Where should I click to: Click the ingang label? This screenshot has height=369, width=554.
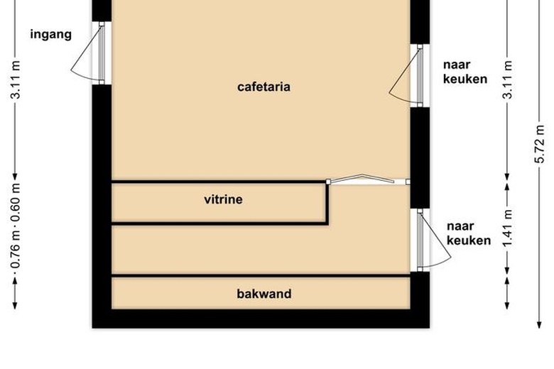50,34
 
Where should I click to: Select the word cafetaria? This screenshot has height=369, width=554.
264,87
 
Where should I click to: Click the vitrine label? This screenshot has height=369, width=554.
223,200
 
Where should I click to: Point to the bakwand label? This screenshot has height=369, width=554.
264,294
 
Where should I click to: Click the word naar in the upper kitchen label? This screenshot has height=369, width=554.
456,65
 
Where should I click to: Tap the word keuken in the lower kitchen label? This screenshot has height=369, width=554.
469,241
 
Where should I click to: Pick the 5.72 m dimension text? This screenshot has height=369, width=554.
541,151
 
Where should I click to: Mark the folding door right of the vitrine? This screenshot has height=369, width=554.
363,180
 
